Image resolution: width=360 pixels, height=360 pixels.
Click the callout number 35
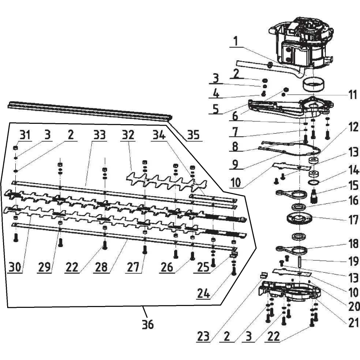(x=193, y=134)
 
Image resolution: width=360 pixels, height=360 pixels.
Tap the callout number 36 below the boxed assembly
(x=148, y=324)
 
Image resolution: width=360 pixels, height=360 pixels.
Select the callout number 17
(x=353, y=220)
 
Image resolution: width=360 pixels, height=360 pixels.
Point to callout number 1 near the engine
(x=235, y=42)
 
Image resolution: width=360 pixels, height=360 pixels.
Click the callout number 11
(x=353, y=95)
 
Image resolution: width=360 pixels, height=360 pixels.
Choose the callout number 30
(x=15, y=267)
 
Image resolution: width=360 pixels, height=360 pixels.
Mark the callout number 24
(x=203, y=294)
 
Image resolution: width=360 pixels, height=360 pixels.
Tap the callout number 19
(x=353, y=261)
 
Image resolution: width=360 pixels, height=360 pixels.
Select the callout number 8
(x=235, y=147)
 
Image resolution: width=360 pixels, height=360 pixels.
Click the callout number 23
(x=203, y=337)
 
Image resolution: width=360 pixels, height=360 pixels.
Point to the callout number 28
(x=101, y=267)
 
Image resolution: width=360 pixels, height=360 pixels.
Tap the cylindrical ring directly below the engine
(x=313, y=85)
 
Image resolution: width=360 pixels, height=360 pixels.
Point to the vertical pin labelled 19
(x=300, y=261)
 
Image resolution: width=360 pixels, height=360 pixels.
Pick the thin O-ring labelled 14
(x=314, y=183)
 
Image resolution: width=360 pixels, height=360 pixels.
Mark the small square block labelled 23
(x=264, y=275)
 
